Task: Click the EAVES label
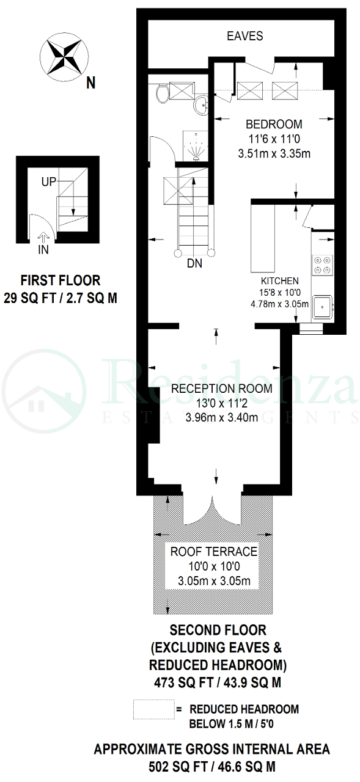(244, 36)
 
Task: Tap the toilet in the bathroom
(162, 93)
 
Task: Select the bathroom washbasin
(200, 104)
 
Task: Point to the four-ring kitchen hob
(322, 265)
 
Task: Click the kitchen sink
(322, 307)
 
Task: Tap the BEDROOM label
(274, 124)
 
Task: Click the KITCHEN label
(280, 280)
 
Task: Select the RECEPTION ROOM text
(221, 389)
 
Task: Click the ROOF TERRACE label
(214, 552)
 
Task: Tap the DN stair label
(194, 263)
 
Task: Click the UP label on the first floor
(48, 181)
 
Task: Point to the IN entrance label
(43, 250)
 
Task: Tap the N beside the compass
(91, 84)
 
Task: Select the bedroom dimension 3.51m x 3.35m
(274, 153)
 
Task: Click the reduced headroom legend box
(153, 709)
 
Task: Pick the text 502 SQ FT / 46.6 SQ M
(212, 767)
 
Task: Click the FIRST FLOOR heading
(61, 280)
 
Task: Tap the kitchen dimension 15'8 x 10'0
(280, 293)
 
